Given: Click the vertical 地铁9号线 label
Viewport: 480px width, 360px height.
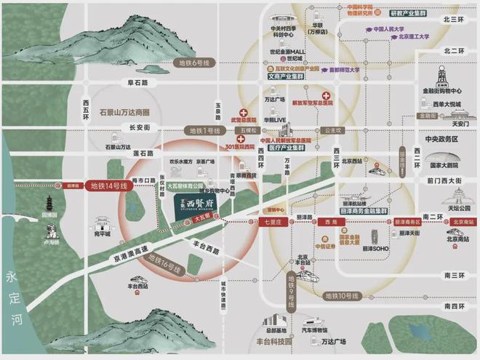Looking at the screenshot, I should click(292, 286).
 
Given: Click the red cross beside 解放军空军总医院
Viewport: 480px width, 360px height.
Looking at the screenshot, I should click(327, 96).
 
